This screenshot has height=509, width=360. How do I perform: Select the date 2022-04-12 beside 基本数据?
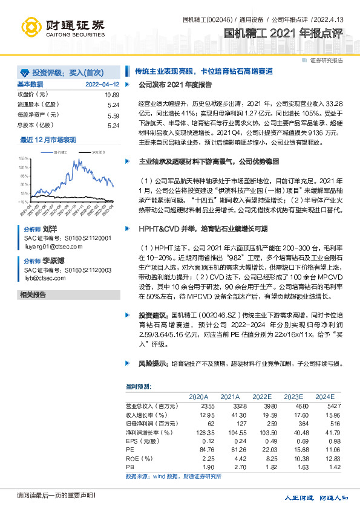click(102, 84)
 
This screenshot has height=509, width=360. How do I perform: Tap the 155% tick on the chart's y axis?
click(24, 158)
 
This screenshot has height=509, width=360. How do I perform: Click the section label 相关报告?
click(33, 294)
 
